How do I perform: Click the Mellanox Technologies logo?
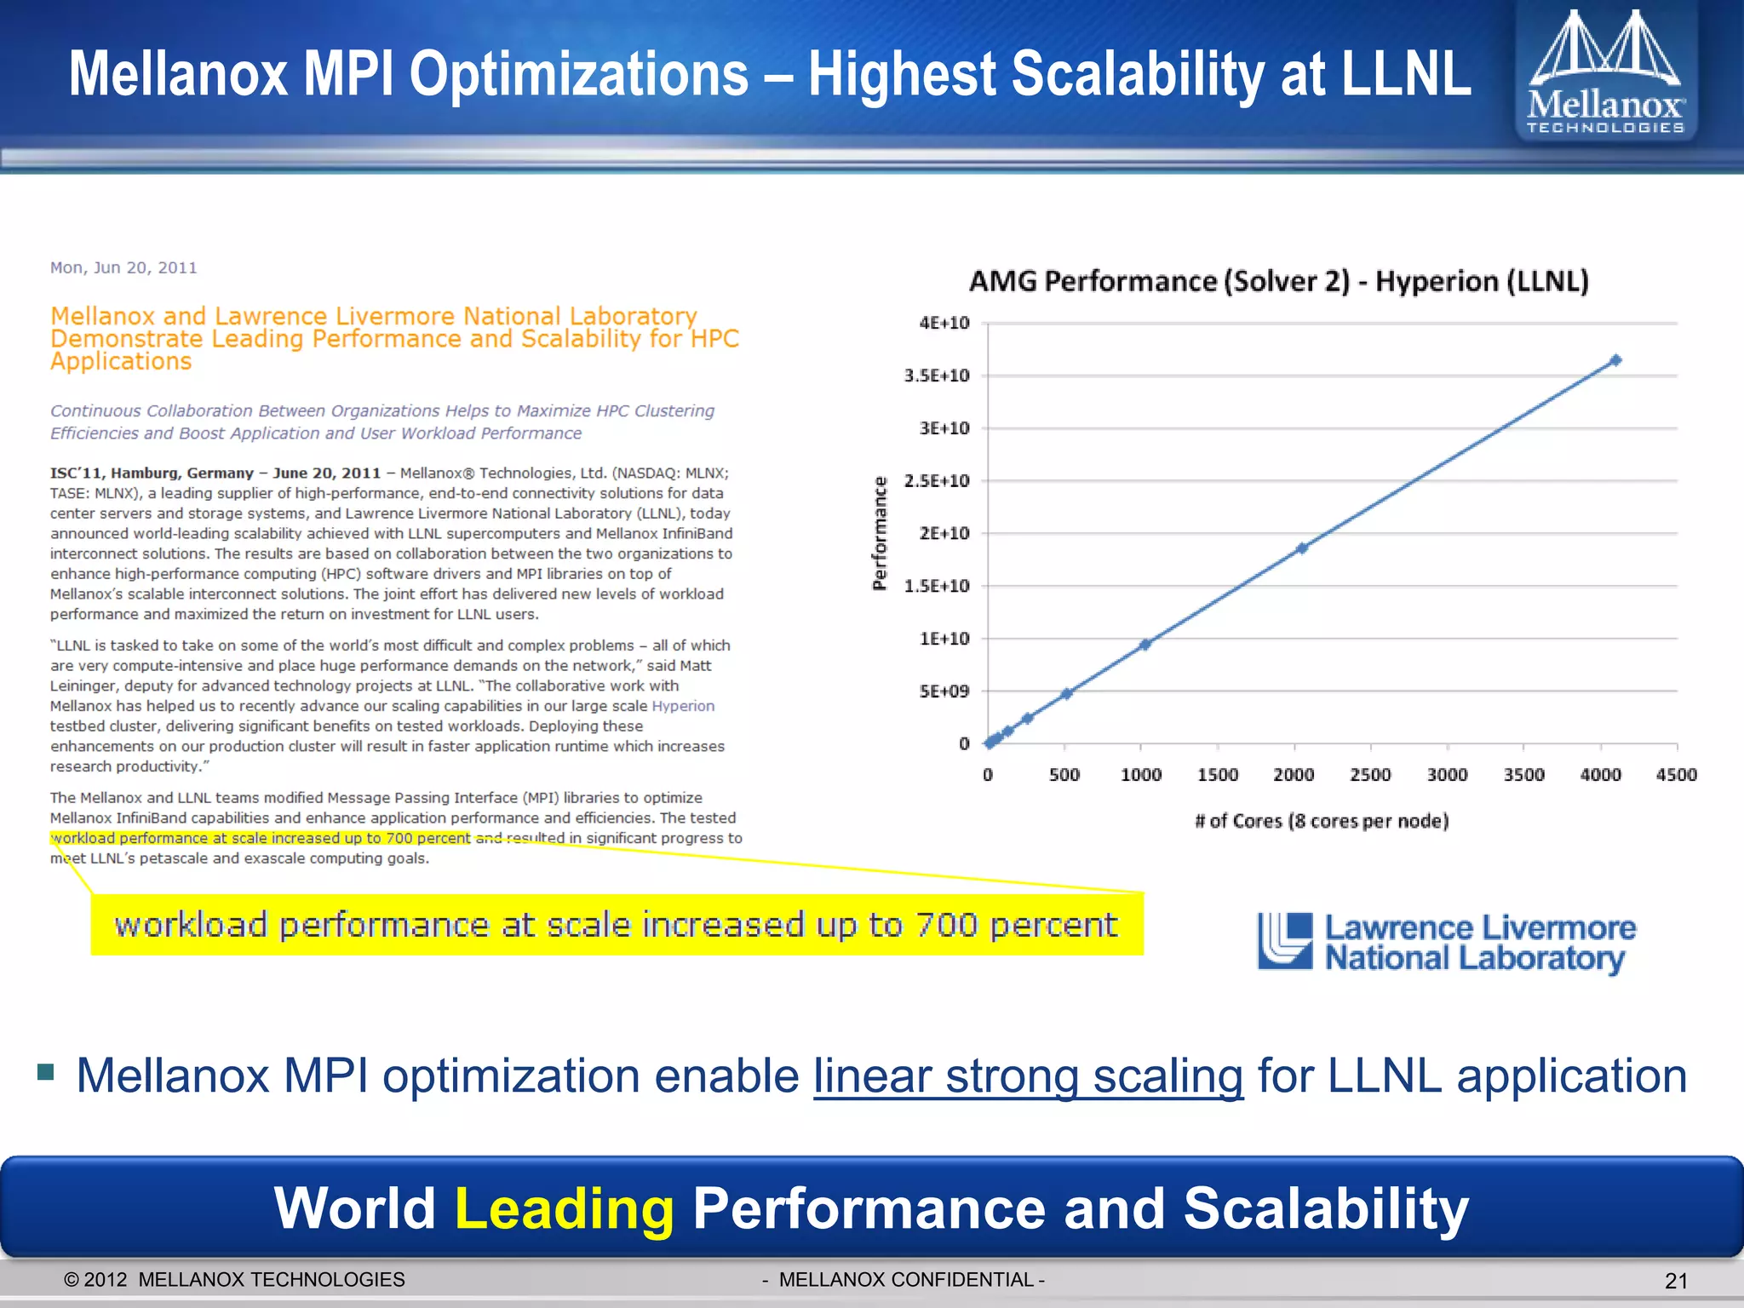click(x=1605, y=72)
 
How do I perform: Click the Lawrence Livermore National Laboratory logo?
click(x=1446, y=942)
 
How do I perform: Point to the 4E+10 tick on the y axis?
click(x=944, y=323)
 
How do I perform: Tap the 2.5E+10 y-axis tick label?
click(x=936, y=481)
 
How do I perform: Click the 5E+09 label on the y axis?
click(x=944, y=691)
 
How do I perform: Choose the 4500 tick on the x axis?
click(x=1676, y=775)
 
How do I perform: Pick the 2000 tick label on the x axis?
click(x=1294, y=775)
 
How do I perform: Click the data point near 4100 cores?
click(x=1615, y=360)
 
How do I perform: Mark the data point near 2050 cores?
click(x=1302, y=548)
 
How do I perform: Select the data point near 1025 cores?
click(x=1145, y=645)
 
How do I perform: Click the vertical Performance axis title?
click(x=880, y=533)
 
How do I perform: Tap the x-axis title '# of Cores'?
click(x=1321, y=821)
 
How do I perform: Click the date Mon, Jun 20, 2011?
click(x=123, y=267)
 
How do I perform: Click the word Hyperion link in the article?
click(x=683, y=706)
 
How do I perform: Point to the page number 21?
click(x=1675, y=1281)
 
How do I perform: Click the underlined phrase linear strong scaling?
click(x=1028, y=1076)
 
